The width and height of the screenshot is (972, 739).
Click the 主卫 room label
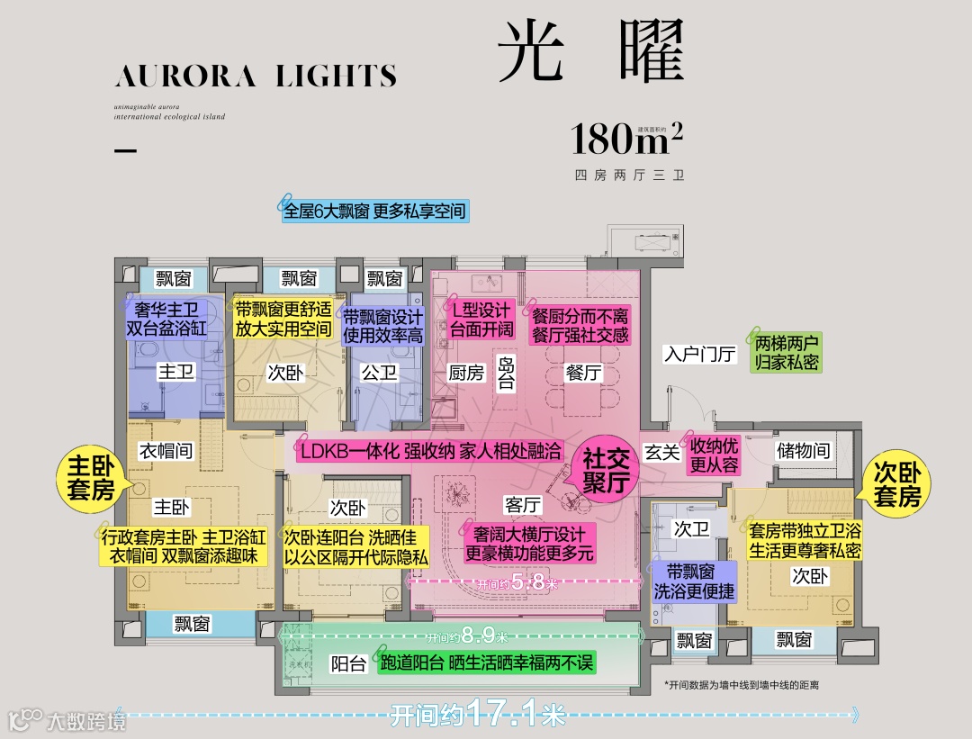tap(175, 371)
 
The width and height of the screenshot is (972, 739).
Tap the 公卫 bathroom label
tap(379, 372)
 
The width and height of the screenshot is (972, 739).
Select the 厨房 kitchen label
tap(466, 372)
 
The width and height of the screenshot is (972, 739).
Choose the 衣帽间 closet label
tap(166, 450)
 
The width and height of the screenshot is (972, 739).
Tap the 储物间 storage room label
tap(803, 449)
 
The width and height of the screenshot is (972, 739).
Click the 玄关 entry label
tap(662, 452)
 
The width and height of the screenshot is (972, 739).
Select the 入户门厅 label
tap(700, 354)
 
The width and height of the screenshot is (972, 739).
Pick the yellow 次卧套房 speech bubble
tap(897, 484)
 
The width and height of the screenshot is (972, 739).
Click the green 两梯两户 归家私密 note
tap(787, 354)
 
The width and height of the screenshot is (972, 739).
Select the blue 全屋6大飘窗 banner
tap(375, 212)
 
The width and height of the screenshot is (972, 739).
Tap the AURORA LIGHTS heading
tap(256, 76)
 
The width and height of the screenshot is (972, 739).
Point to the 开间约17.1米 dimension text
tap(478, 716)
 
